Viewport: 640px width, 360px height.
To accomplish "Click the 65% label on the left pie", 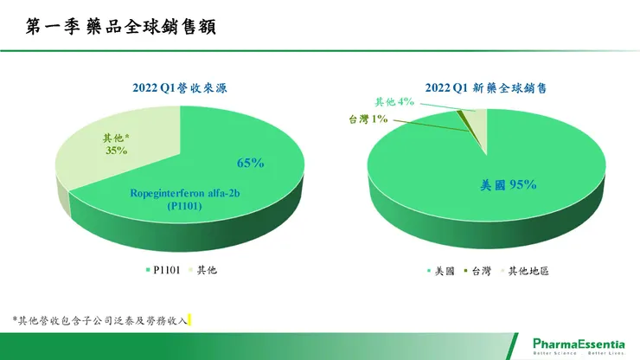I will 251,163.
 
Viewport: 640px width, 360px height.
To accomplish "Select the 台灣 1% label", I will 367,119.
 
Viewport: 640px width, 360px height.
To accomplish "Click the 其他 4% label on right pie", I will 394,101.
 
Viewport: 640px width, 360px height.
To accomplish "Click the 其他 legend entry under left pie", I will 202,271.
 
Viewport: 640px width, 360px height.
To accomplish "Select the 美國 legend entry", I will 444,271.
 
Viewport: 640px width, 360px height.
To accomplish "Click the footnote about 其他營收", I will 100,320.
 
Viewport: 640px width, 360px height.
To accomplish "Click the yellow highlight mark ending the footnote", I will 189,320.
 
